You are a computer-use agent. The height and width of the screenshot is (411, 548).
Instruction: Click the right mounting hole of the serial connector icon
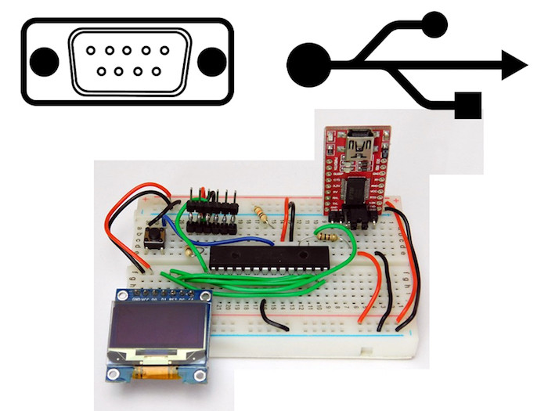[x=211, y=61]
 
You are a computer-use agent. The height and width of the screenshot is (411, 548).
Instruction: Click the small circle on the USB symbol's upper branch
[x=434, y=25]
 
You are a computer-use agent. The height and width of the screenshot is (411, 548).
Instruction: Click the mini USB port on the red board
[x=360, y=145]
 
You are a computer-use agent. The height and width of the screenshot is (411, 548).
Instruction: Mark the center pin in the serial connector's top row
[x=128, y=49]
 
